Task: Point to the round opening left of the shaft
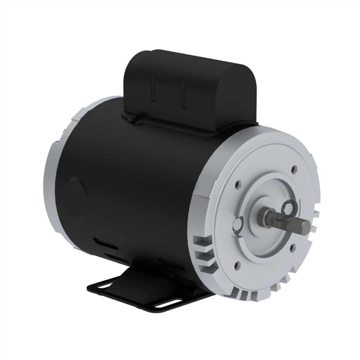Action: click(x=239, y=224)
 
